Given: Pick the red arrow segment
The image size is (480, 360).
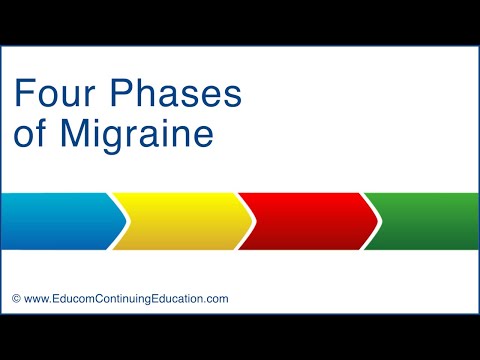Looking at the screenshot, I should point(305,220).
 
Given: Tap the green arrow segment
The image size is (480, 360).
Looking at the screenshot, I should point(425,220).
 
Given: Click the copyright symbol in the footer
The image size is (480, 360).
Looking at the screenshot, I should point(16,298).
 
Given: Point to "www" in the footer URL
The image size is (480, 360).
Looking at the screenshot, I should point(37,298).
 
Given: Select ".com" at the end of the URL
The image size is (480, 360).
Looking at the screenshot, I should point(217,298).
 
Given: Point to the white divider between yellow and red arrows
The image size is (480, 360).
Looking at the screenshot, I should point(244,220).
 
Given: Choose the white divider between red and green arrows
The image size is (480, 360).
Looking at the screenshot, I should point(371,220).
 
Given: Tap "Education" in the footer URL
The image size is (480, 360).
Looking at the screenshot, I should point(180,298).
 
